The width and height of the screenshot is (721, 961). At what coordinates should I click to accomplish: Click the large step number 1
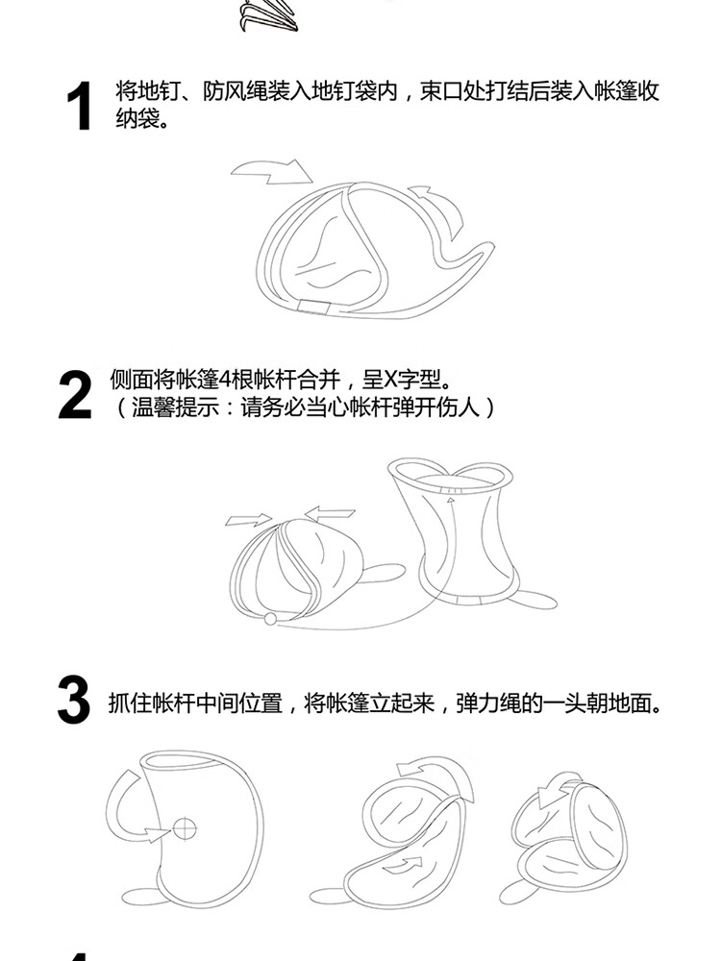80,106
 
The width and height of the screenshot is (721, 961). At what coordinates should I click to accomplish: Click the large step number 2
75,395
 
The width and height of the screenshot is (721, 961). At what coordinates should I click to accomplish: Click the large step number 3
74,700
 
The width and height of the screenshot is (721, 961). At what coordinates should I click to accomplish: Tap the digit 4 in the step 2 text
224,381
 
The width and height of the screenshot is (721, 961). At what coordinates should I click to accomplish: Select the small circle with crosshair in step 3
185,829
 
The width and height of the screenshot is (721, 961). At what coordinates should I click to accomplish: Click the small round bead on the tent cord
270,619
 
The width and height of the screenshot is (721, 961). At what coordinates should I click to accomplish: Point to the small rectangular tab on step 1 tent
314,307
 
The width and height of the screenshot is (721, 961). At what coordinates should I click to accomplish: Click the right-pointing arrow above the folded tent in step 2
248,520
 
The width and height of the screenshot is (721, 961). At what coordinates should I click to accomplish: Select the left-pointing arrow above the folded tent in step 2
329,513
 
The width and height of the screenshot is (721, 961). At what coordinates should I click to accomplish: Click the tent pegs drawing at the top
268,16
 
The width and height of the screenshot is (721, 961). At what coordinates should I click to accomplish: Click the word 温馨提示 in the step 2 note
175,407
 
